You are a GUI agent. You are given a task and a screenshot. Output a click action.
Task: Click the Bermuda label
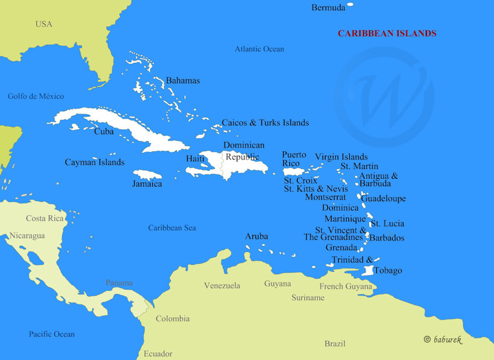tap(329, 8)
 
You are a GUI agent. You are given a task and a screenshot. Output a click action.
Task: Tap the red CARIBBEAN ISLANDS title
tap(387, 34)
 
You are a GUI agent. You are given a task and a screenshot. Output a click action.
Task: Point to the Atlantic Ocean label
tap(259, 49)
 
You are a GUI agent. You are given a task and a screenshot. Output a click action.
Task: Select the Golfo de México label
tap(36, 97)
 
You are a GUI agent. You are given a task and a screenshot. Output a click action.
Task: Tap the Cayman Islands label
tap(94, 162)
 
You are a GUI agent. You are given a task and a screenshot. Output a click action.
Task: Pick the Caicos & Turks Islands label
tap(265, 123)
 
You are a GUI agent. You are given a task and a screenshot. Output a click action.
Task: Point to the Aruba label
tap(256, 236)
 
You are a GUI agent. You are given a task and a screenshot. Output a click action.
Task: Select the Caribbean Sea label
tap(172, 228)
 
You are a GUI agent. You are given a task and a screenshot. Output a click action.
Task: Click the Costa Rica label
tap(45, 218)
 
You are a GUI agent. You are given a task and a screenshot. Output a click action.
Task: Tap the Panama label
tap(119, 283)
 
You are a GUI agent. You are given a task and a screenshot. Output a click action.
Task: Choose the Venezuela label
tap(222, 286)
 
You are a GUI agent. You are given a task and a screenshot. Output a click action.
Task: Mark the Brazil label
tap(335, 344)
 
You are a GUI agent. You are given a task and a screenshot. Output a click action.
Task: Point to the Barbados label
tap(387, 238)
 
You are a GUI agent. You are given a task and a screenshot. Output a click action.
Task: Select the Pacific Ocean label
tap(52, 334)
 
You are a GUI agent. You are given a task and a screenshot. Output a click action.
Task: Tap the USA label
tap(43, 24)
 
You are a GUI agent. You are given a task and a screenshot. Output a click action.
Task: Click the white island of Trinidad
tap(367, 271)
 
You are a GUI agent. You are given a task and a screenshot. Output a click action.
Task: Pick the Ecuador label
tap(158, 354)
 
